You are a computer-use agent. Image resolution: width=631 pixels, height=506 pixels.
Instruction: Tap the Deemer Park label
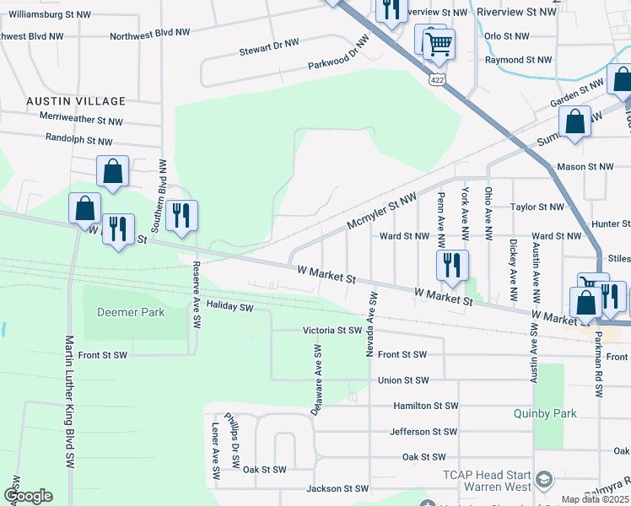[131, 312]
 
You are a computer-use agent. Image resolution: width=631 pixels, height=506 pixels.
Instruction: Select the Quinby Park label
[544, 413]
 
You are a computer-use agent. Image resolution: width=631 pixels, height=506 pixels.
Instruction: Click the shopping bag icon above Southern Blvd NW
[112, 171]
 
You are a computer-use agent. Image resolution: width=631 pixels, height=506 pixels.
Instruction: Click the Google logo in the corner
[27, 496]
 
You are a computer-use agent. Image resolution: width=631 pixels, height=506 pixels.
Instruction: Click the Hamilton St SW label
[425, 406]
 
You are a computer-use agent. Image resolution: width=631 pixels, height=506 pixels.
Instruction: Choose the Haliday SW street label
[230, 306]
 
